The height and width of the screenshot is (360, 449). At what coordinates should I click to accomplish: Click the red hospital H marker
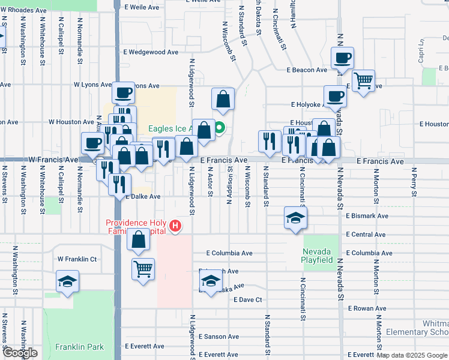pyautogui.click(x=175, y=226)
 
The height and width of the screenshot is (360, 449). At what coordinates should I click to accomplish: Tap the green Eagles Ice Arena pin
pyautogui.click(x=220, y=127)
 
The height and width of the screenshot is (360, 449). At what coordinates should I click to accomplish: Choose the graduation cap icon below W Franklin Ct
pyautogui.click(x=68, y=281)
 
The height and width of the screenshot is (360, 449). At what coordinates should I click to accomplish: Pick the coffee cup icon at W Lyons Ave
pyautogui.click(x=123, y=92)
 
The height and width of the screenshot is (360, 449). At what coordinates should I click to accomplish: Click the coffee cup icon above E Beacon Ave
pyautogui.click(x=342, y=58)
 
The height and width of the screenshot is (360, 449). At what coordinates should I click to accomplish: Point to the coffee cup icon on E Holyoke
pyautogui.click(x=334, y=95)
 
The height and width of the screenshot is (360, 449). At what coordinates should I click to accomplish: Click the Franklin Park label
pyautogui.click(x=79, y=347)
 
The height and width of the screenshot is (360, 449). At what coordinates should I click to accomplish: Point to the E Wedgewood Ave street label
pyautogui.click(x=150, y=52)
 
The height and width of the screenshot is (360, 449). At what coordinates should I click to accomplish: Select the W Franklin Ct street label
pyautogui.click(x=77, y=259)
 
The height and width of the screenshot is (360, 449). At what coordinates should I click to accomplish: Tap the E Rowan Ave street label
pyautogui.click(x=367, y=308)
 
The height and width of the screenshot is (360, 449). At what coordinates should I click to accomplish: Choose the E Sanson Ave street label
pyautogui.click(x=218, y=337)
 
